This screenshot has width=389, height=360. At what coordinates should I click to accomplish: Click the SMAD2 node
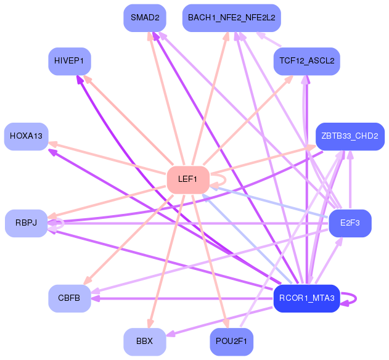click(x=145, y=18)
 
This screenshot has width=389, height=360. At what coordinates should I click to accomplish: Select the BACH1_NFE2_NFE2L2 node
click(x=232, y=18)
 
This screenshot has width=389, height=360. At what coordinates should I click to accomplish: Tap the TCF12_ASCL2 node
click(x=306, y=61)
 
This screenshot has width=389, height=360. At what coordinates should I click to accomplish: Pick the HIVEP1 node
click(x=70, y=61)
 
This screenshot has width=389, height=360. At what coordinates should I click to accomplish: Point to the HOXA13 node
click(x=26, y=136)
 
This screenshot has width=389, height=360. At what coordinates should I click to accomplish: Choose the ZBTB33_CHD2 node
click(x=350, y=136)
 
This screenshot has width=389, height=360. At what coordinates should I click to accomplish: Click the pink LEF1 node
click(x=187, y=179)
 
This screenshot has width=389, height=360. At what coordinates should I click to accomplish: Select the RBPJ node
click(x=27, y=223)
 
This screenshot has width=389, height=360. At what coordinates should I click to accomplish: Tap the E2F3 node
click(x=350, y=223)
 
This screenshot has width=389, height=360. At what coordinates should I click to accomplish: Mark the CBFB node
click(x=70, y=298)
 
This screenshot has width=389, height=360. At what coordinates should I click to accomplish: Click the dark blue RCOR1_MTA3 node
click(x=306, y=298)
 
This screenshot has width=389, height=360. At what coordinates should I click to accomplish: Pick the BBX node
click(x=145, y=342)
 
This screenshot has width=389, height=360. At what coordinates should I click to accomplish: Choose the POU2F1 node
click(x=232, y=342)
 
